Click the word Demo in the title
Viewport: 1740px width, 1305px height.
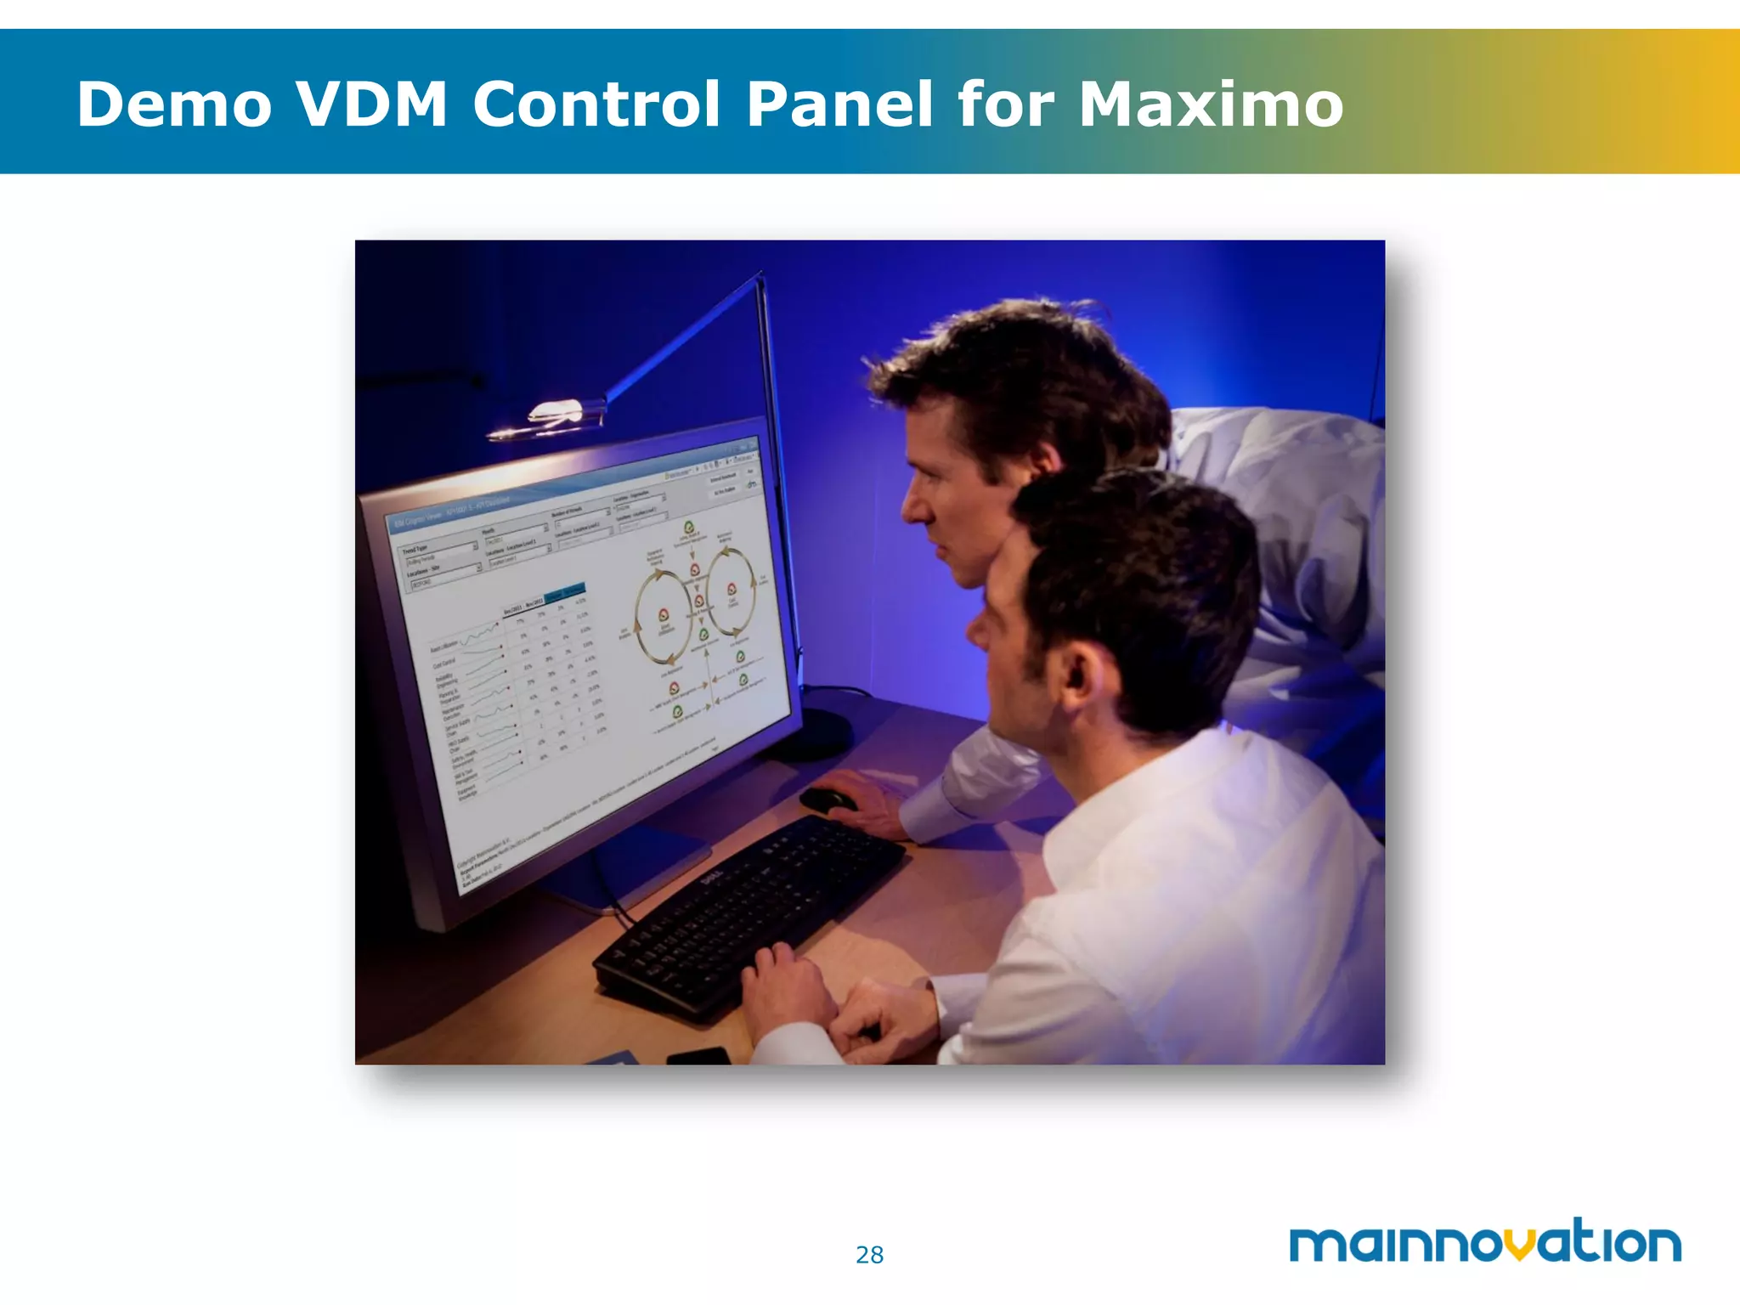[x=174, y=105]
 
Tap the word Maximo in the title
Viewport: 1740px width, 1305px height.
[x=1211, y=105]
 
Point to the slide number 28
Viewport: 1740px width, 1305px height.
[x=869, y=1255]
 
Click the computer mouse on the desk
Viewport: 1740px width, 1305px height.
[x=827, y=799]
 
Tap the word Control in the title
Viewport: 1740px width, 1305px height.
[x=596, y=105]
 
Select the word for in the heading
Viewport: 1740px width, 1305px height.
[x=1005, y=105]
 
